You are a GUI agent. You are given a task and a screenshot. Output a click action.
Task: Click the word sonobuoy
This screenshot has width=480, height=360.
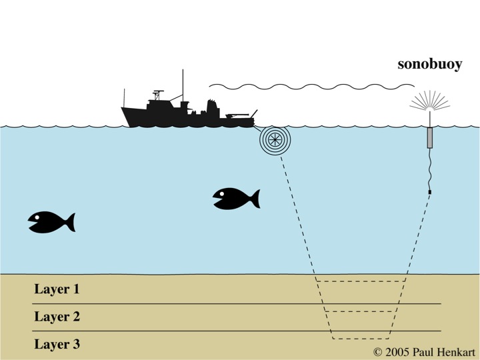[429, 65]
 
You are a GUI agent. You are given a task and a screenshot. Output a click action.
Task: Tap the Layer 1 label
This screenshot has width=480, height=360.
[57, 289]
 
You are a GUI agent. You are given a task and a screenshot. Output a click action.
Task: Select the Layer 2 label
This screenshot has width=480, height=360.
[57, 317]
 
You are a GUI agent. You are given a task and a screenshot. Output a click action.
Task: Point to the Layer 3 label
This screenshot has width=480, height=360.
[57, 345]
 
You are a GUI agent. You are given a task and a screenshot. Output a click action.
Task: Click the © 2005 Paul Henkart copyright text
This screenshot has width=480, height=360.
[424, 351]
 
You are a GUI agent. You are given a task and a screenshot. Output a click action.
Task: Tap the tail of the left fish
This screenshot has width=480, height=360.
[69, 222]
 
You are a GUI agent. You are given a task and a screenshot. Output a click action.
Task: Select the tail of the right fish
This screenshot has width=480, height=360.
[253, 199]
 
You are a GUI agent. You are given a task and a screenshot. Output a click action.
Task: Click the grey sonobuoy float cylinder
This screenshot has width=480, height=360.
[430, 137]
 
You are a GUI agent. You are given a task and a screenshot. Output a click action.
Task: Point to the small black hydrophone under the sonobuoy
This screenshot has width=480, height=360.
[430, 192]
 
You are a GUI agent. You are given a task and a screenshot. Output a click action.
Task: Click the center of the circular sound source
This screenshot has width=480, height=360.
[272, 141]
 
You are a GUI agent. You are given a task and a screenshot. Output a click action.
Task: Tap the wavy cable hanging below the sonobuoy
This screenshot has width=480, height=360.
[430, 170]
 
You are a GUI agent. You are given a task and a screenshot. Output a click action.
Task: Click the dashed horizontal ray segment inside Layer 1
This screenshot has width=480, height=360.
[360, 281]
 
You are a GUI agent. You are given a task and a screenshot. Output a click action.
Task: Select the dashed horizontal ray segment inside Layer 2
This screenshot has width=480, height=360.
[360, 311]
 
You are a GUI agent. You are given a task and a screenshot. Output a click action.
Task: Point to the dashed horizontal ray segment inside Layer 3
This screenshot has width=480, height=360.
[360, 339]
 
